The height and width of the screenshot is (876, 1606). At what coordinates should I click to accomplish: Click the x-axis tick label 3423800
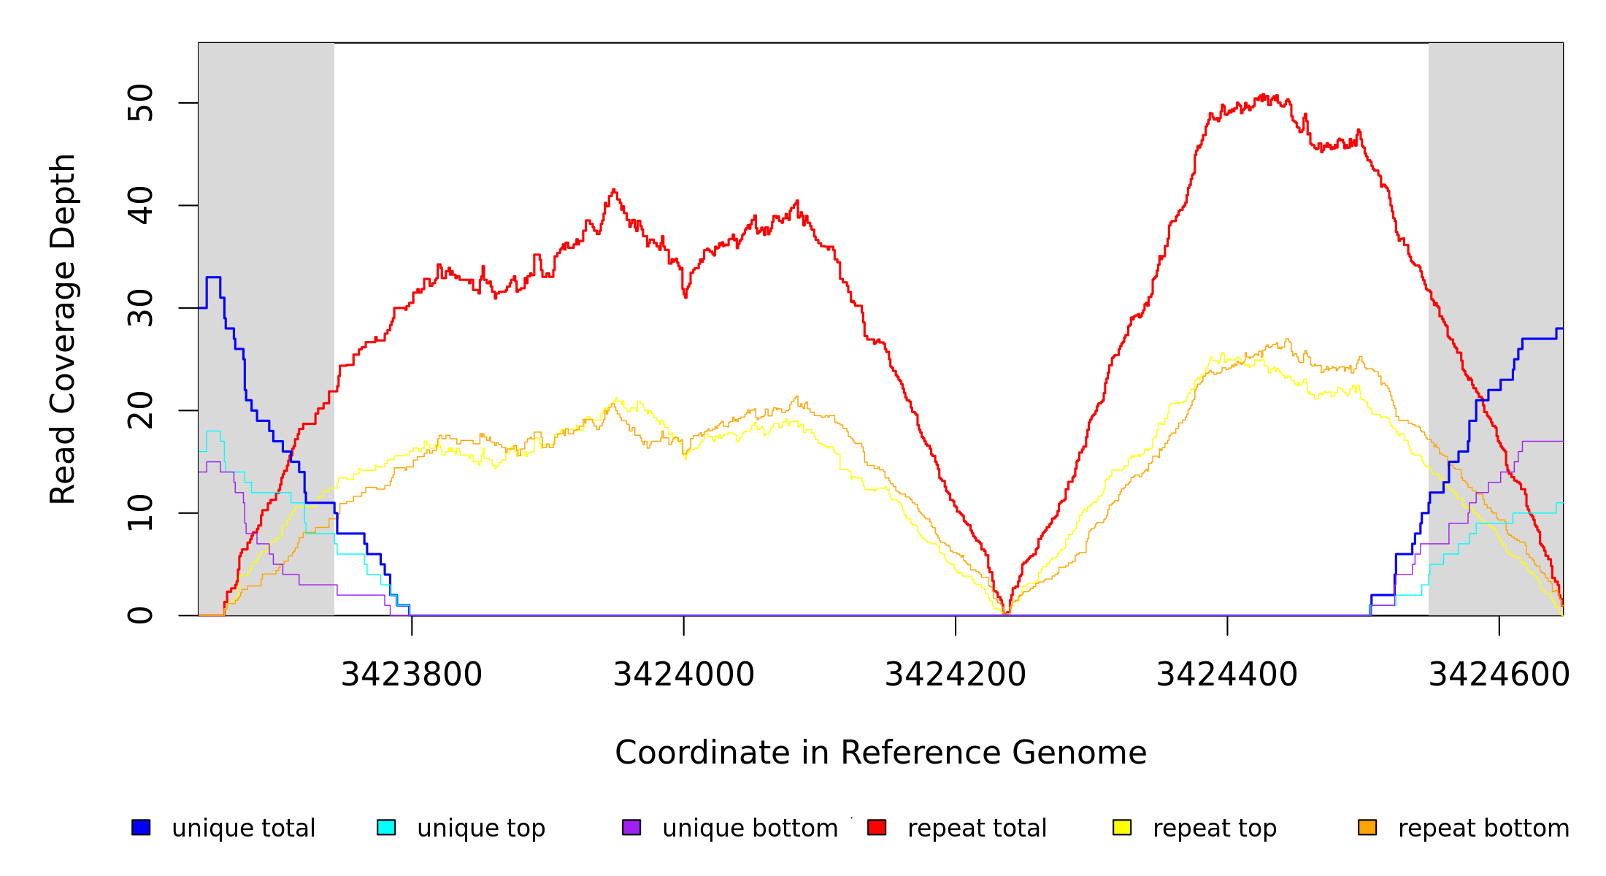coord(412,675)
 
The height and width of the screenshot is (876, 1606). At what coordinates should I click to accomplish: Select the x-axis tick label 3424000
coord(683,675)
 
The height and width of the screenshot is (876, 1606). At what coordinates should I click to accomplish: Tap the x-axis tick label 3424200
coord(956,675)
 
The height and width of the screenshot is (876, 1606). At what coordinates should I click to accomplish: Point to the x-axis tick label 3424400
coord(1227,675)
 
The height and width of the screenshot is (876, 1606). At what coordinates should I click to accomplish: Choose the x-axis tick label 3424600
coord(1499,675)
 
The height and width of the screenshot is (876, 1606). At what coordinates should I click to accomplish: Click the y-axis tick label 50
coord(141,103)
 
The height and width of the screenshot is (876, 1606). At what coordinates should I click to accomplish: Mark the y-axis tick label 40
coord(141,205)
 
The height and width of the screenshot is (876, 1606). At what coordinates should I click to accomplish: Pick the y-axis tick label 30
coord(141,308)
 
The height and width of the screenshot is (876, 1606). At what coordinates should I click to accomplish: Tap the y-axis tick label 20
coord(141,410)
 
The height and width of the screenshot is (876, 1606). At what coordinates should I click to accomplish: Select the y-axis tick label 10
coord(141,513)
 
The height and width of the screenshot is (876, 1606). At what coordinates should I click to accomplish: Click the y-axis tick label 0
coord(141,615)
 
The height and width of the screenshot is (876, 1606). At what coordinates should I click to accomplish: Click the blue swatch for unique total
coord(141,827)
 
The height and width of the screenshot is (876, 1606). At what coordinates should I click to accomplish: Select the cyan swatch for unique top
coord(386,827)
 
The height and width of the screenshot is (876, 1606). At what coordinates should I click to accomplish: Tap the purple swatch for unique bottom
coord(631,827)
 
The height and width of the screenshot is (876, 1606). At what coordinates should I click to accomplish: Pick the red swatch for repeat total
coord(877,827)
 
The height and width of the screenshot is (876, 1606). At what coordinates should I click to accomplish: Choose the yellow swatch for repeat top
coord(1122,827)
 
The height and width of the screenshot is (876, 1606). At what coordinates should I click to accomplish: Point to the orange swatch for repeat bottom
coord(1367,827)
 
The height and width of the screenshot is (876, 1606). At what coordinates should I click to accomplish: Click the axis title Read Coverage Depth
coord(63,328)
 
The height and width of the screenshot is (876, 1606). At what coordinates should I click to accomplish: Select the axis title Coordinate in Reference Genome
coord(880,753)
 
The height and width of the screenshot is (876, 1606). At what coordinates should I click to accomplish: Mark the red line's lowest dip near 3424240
coord(1006,612)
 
